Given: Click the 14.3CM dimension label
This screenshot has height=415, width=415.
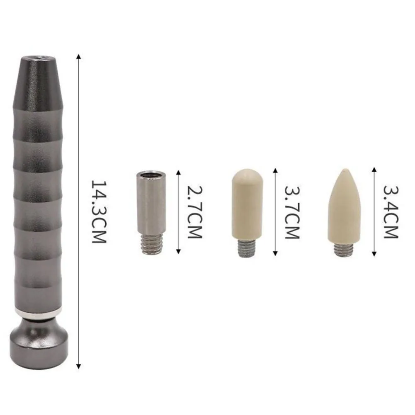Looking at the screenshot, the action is [x=99, y=212].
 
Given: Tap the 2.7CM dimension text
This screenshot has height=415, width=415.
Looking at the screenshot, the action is [x=195, y=212].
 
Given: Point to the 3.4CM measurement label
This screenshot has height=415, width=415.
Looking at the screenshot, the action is [x=391, y=212].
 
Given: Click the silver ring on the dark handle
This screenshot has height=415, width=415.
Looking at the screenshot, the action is [x=39, y=313].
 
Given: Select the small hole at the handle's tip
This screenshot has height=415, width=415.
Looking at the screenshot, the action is [x=39, y=57].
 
